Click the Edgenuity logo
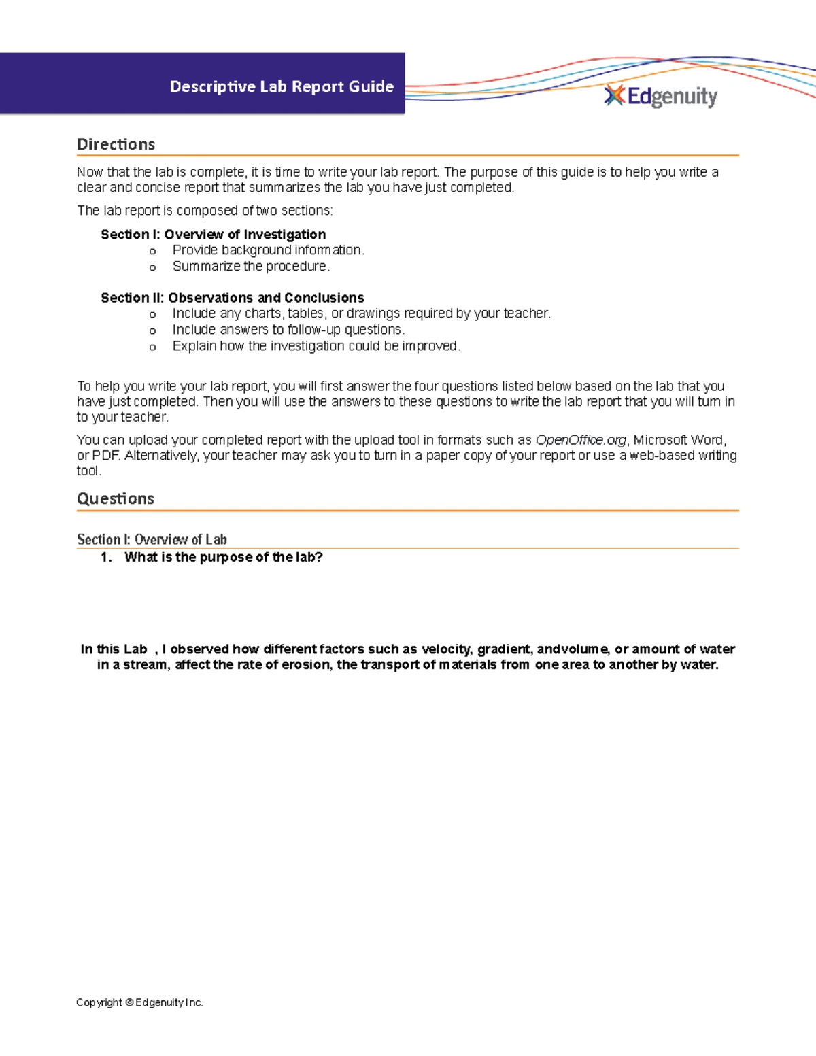coord(661,97)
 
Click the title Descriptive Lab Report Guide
coord(282,86)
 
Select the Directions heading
coord(116,144)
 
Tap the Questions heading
coord(115,498)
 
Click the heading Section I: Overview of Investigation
coord(213,234)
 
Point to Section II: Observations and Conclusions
coord(232,297)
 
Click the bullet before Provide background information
coord(152,251)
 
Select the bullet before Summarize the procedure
coord(152,267)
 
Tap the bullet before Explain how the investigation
coord(152,347)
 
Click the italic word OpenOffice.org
coord(580,439)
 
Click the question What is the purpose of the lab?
coord(223,557)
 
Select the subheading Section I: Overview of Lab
coord(152,539)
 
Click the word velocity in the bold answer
coord(446,649)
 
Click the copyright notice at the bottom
coord(139,1002)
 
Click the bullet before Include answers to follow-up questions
coord(152,330)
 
